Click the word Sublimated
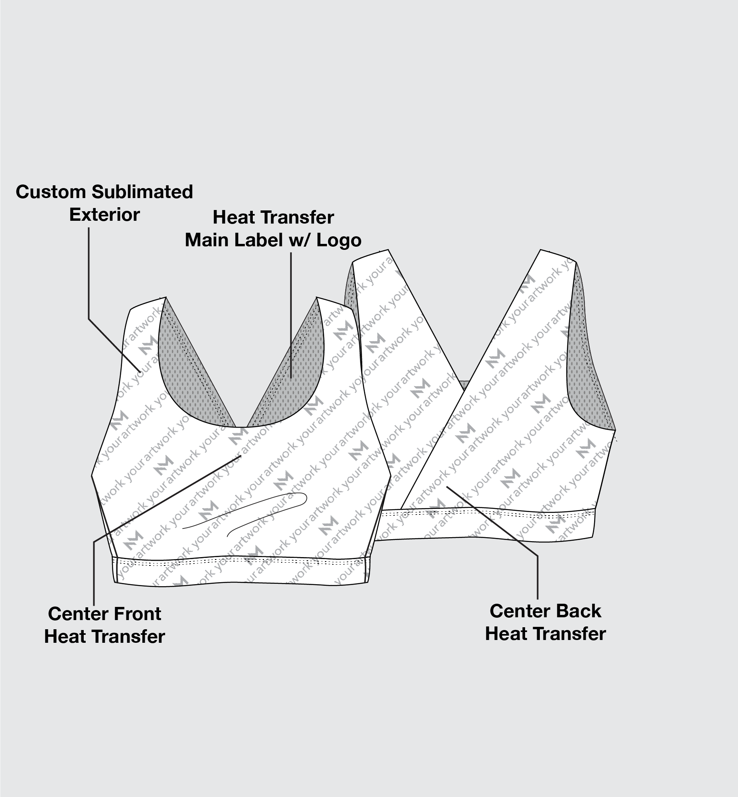[143, 192]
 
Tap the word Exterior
[104, 215]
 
